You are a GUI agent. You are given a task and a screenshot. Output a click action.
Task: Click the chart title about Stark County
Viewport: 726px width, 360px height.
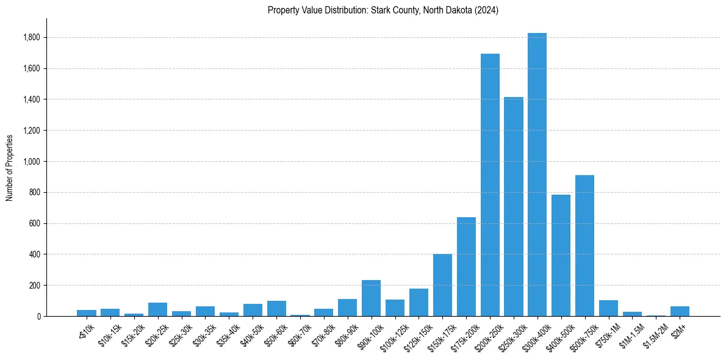click(383, 10)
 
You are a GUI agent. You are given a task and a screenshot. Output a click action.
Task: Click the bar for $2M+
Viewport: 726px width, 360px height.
click(680, 311)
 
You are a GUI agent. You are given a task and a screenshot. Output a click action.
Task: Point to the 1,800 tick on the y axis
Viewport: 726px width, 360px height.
click(31, 38)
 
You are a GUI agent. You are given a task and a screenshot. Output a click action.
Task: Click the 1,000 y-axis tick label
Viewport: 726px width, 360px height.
click(31, 162)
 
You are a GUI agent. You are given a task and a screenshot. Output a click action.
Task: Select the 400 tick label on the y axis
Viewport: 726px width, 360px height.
click(34, 254)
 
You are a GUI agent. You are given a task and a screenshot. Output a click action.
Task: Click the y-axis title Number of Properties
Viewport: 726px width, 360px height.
click(10, 167)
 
